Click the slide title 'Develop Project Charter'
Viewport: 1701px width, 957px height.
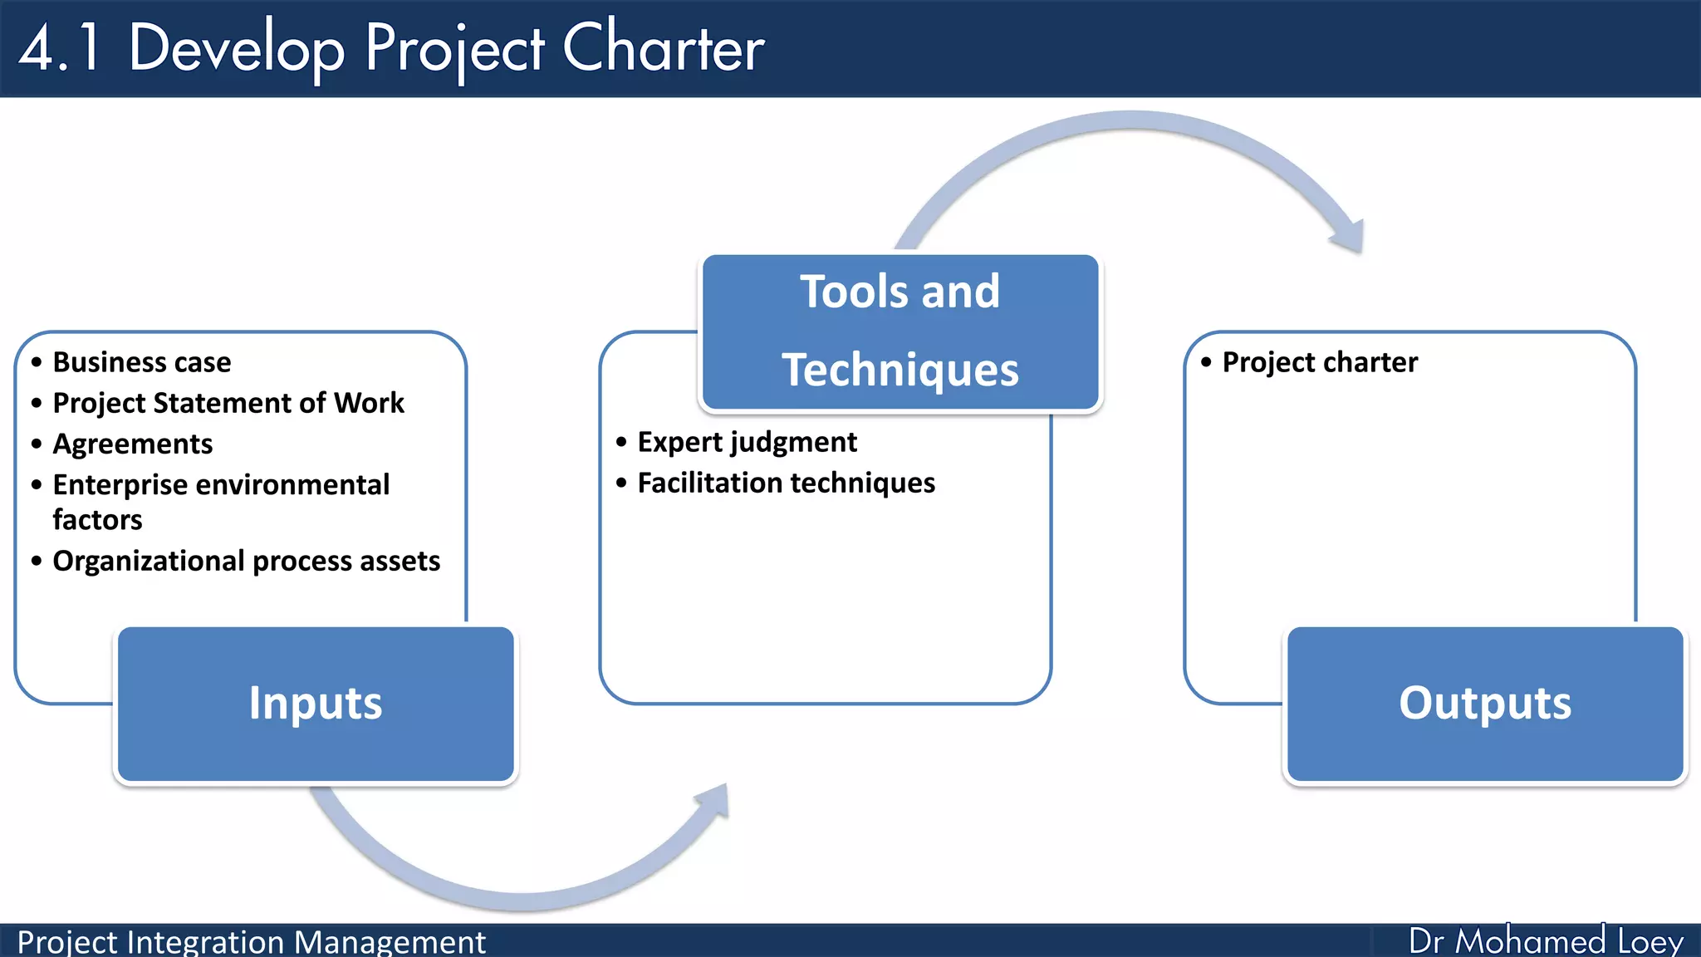pos(445,48)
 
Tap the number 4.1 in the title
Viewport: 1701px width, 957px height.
pos(60,48)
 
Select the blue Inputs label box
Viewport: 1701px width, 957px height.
pos(316,704)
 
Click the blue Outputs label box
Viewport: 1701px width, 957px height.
pos(1485,704)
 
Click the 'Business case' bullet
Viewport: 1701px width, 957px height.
pos(142,362)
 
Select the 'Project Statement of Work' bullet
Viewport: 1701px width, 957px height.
pos(228,403)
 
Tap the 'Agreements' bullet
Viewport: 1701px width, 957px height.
pos(133,444)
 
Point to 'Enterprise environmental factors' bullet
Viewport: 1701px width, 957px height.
pos(221,485)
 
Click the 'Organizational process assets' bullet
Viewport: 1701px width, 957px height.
pos(247,561)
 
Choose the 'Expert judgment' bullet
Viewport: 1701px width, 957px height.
pos(747,442)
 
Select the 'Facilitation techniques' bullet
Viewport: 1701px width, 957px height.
pos(786,483)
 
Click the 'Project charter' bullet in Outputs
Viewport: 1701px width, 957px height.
pos(1320,362)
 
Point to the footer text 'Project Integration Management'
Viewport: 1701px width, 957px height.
pos(251,942)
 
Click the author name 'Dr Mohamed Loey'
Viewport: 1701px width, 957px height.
pos(1545,941)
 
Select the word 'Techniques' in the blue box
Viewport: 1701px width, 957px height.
pos(900,370)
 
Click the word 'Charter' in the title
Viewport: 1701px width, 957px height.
pos(663,48)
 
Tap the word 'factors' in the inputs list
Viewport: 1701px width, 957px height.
pos(97,520)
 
